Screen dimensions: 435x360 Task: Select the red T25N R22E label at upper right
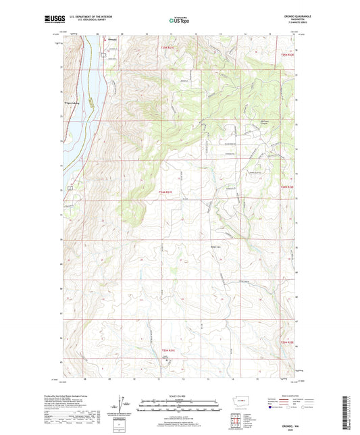288,54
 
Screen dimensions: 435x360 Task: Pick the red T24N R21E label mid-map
166,193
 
